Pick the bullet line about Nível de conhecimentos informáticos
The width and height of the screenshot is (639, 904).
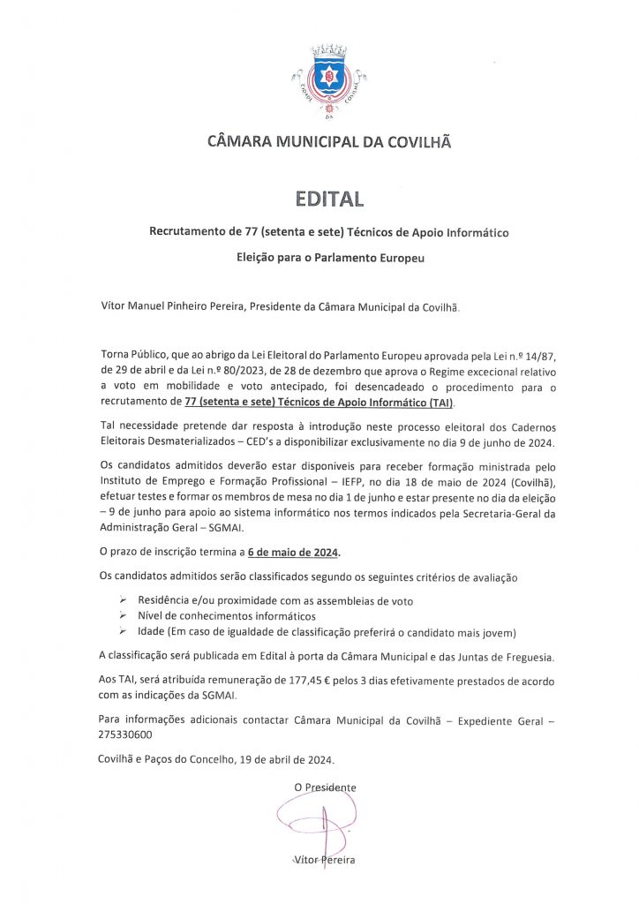(x=226, y=615)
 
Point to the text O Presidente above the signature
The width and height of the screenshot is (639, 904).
(x=326, y=786)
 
